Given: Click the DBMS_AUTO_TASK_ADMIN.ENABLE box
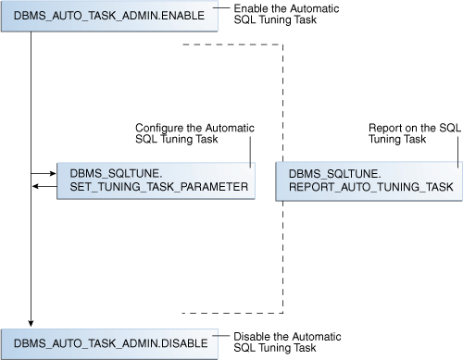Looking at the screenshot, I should pyautogui.click(x=110, y=18).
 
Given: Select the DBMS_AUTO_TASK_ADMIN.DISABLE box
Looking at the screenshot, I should pyautogui.click(x=110, y=341).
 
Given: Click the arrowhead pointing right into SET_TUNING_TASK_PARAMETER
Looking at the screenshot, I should pyautogui.click(x=53, y=173).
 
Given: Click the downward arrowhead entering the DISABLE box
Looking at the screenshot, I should pyautogui.click(x=31, y=321).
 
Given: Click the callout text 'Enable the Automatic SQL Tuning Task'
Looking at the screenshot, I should pyautogui.click(x=277, y=14).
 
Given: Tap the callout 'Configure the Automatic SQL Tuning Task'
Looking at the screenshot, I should pyautogui.click(x=194, y=132).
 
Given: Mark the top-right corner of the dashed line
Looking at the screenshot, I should pyautogui.click(x=281, y=44).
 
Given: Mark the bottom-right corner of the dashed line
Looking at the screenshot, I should pyautogui.click(x=281, y=311).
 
